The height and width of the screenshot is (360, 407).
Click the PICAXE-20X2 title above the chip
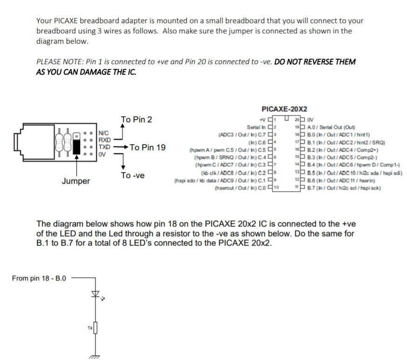click(x=284, y=109)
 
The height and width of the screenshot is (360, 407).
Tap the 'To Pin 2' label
click(x=136, y=120)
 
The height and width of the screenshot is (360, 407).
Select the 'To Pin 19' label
click(x=148, y=147)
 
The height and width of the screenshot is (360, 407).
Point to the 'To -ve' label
click(x=133, y=175)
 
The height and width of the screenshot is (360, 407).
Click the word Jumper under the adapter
click(x=76, y=181)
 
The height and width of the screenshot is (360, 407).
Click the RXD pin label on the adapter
click(x=104, y=139)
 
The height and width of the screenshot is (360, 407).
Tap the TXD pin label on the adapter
click(x=104, y=146)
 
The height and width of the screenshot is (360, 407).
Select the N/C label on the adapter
click(x=104, y=133)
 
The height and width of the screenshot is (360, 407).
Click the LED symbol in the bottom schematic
click(x=96, y=294)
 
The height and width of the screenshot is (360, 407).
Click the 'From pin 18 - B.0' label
click(x=39, y=279)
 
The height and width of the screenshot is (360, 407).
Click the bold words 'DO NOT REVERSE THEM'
click(x=315, y=62)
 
